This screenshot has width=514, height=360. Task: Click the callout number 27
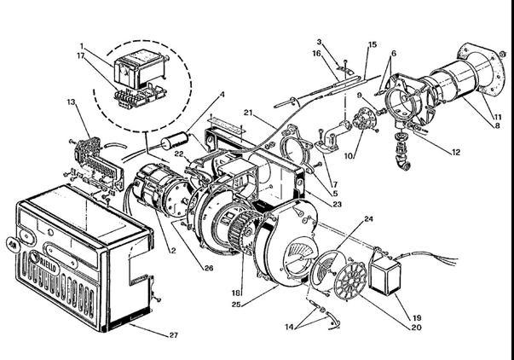[173, 335]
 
